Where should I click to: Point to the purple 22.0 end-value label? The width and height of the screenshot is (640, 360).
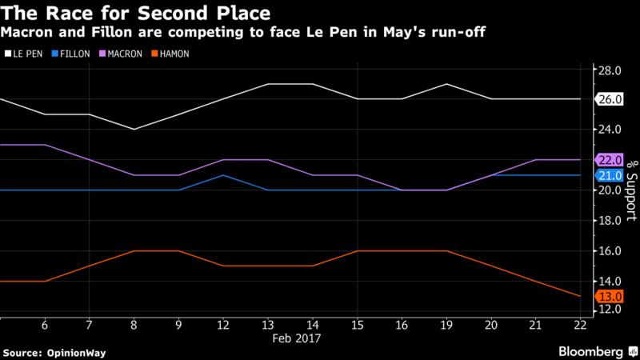[x=610, y=160]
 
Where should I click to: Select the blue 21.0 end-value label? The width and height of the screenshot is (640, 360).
[x=610, y=175]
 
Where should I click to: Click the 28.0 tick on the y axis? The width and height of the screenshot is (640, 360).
[x=610, y=70]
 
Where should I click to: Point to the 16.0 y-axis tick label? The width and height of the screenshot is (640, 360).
[x=610, y=251]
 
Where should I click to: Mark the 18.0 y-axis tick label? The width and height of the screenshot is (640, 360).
[x=610, y=221]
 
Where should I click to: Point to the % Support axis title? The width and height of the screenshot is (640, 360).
[x=630, y=192]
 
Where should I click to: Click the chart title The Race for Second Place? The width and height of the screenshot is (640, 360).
[x=135, y=13]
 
